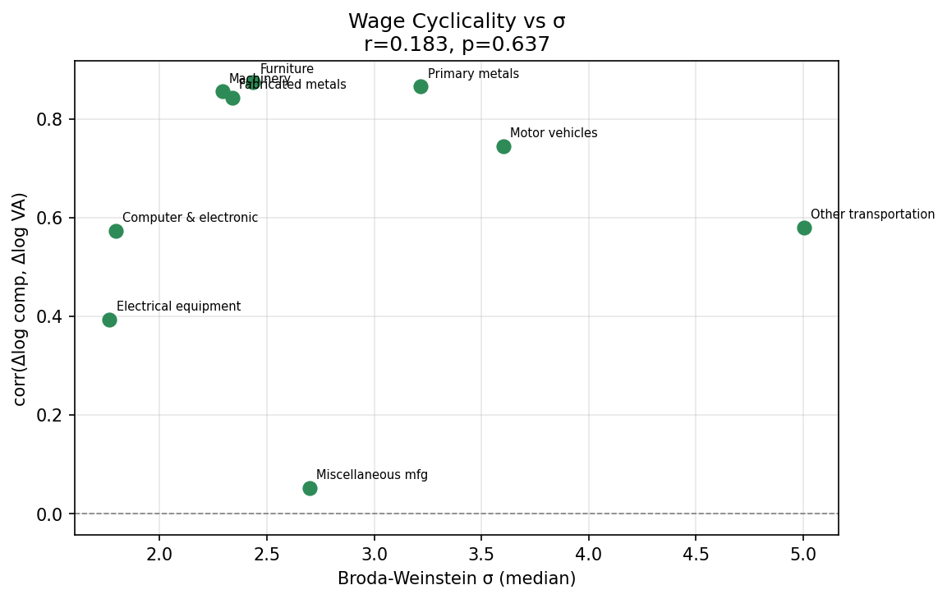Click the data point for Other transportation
click(x=804, y=228)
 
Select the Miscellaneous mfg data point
click(x=310, y=488)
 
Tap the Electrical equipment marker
click(x=109, y=320)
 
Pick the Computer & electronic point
click(x=116, y=231)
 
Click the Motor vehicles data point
click(x=503, y=146)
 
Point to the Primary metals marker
click(x=421, y=86)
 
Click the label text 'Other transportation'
click(x=872, y=214)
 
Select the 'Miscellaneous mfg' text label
click(x=371, y=475)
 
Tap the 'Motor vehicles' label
click(x=553, y=133)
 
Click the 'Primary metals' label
click(x=473, y=74)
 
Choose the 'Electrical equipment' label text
click(x=178, y=306)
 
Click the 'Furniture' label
click(x=287, y=69)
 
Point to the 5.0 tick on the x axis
click(x=803, y=553)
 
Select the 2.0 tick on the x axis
click(x=159, y=553)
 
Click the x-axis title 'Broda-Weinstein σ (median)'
click(x=457, y=578)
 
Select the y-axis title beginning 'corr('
click(x=20, y=298)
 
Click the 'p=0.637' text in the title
click(x=506, y=44)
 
